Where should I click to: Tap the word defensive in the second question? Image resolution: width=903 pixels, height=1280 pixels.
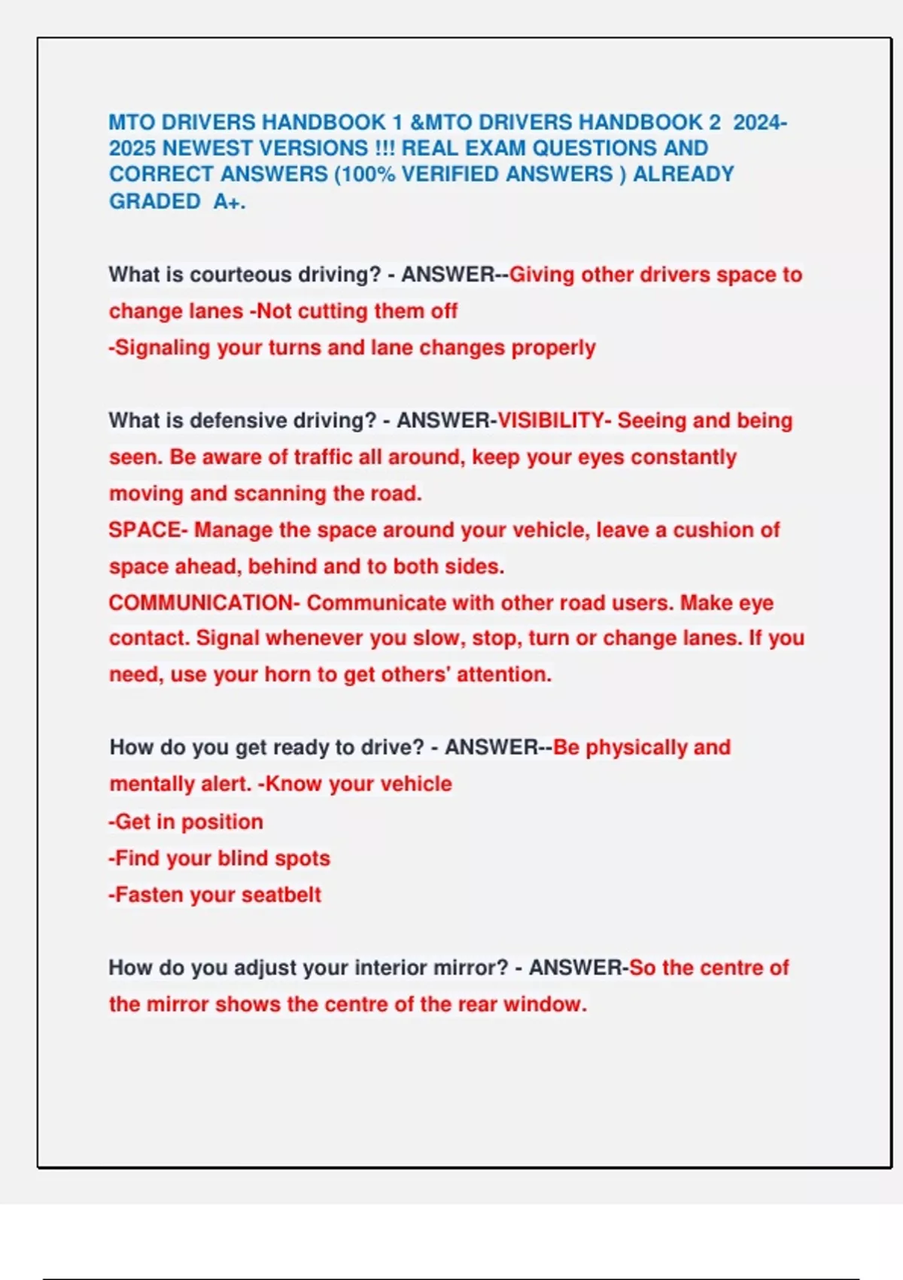(x=238, y=421)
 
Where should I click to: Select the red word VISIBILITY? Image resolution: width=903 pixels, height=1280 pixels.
(x=550, y=421)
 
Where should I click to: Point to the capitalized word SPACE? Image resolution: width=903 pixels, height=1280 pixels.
(x=145, y=530)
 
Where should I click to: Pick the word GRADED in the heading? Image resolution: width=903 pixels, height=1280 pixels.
(x=155, y=202)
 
